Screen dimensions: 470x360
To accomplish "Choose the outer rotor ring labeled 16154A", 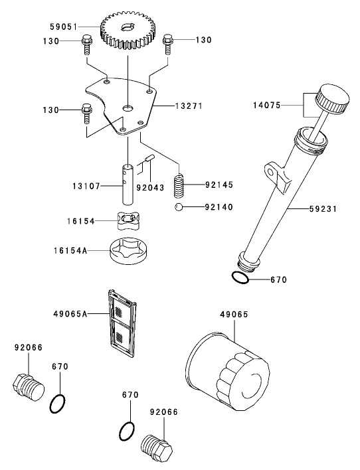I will click(128, 252).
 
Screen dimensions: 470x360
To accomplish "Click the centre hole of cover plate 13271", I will click(128, 108).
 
